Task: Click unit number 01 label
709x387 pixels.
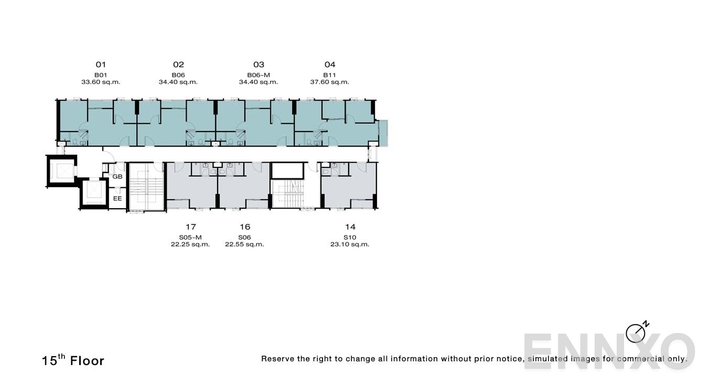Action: (101, 64)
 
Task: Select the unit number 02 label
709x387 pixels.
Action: (178, 64)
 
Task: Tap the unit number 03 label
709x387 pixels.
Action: (259, 64)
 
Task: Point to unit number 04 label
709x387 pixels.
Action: (329, 64)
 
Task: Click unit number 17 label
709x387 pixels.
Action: (190, 227)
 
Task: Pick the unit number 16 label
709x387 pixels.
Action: (244, 227)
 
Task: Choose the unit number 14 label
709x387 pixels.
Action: (350, 227)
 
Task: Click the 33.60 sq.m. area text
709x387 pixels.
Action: (101, 82)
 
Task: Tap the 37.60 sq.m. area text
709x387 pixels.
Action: (329, 82)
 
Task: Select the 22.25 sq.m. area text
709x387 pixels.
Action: (190, 244)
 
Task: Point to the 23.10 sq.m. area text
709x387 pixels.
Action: (350, 244)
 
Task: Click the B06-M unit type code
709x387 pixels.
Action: (259, 75)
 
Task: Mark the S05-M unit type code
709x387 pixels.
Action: (190, 238)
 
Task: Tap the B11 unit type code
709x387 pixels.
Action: (329, 75)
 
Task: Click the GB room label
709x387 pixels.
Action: (117, 177)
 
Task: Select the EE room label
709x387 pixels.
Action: (117, 199)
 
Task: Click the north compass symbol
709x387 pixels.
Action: (636, 332)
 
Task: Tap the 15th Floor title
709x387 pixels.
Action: (73, 360)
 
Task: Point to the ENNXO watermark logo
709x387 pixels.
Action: (609, 351)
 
